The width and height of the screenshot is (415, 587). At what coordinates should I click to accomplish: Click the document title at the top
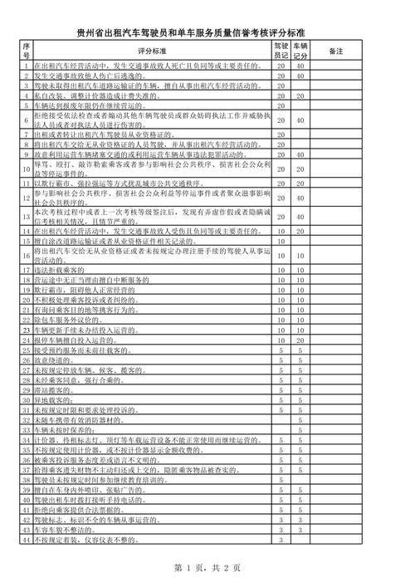click(207, 32)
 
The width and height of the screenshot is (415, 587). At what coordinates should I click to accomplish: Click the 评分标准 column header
click(152, 51)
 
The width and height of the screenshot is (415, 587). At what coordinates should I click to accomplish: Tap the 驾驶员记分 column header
click(281, 51)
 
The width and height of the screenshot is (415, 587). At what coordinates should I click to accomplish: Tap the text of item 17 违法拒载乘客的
click(59, 271)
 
